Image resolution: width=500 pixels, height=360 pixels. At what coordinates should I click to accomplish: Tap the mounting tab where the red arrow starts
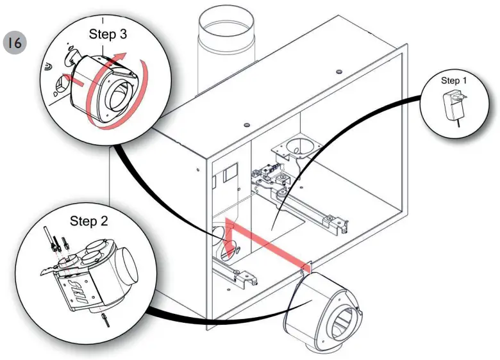pos(307,268)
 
